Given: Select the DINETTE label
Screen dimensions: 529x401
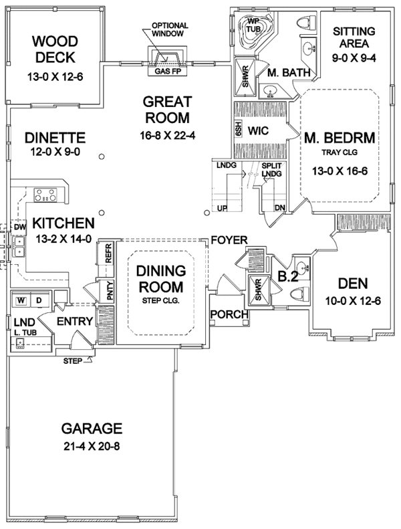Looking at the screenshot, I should coord(55,138).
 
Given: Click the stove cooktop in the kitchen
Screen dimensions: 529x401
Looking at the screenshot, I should coord(45,195).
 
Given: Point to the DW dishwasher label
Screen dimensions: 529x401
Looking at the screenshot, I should coord(17,227).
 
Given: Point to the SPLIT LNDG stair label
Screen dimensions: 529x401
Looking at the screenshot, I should coord(271,170).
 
